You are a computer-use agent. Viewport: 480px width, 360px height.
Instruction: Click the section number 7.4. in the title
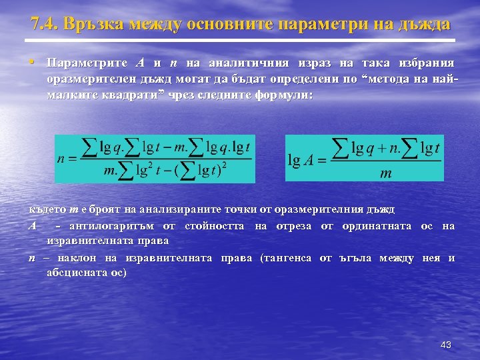click(45, 25)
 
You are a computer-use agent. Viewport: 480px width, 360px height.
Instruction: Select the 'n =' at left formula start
click(67, 159)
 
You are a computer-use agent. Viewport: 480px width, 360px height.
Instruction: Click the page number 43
click(446, 345)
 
